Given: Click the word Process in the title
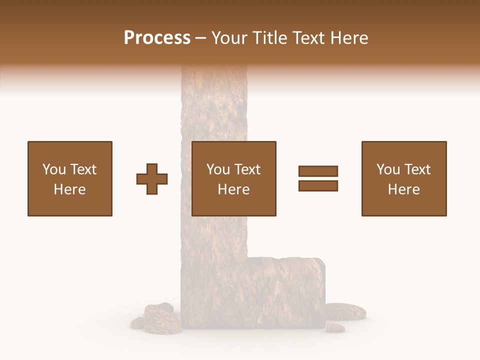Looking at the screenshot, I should pos(157,38).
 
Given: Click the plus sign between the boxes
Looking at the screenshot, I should pos(152,179).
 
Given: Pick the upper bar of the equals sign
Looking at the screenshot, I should pos(318,171).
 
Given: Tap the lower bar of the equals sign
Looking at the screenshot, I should pos(318,186).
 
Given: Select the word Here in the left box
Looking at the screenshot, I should pos(69,189).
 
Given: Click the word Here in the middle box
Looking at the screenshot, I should pos(233,189).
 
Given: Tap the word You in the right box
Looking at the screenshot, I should pos(388,169).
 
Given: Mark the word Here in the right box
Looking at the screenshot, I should pos(403,189).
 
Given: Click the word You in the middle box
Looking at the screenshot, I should pos(218,169).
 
